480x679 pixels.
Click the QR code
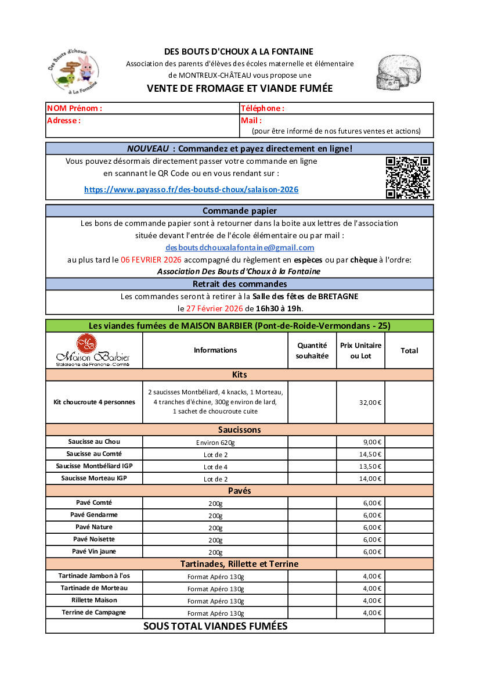coord(408,177)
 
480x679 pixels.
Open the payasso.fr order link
coord(191,189)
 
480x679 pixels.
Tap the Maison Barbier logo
coord(93,350)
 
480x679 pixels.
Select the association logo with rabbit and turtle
coord(74,72)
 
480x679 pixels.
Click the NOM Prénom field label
coord(74,108)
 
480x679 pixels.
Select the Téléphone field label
coord(262,108)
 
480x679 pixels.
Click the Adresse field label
coord(64,120)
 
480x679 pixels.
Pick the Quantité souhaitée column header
coord(312,350)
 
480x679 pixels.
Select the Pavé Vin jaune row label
coord(94,551)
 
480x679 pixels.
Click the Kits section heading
coord(239,375)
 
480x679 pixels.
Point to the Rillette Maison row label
coord(94,600)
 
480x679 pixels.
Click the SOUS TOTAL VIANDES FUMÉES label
coord(215,626)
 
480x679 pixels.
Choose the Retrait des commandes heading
coord(239,284)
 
